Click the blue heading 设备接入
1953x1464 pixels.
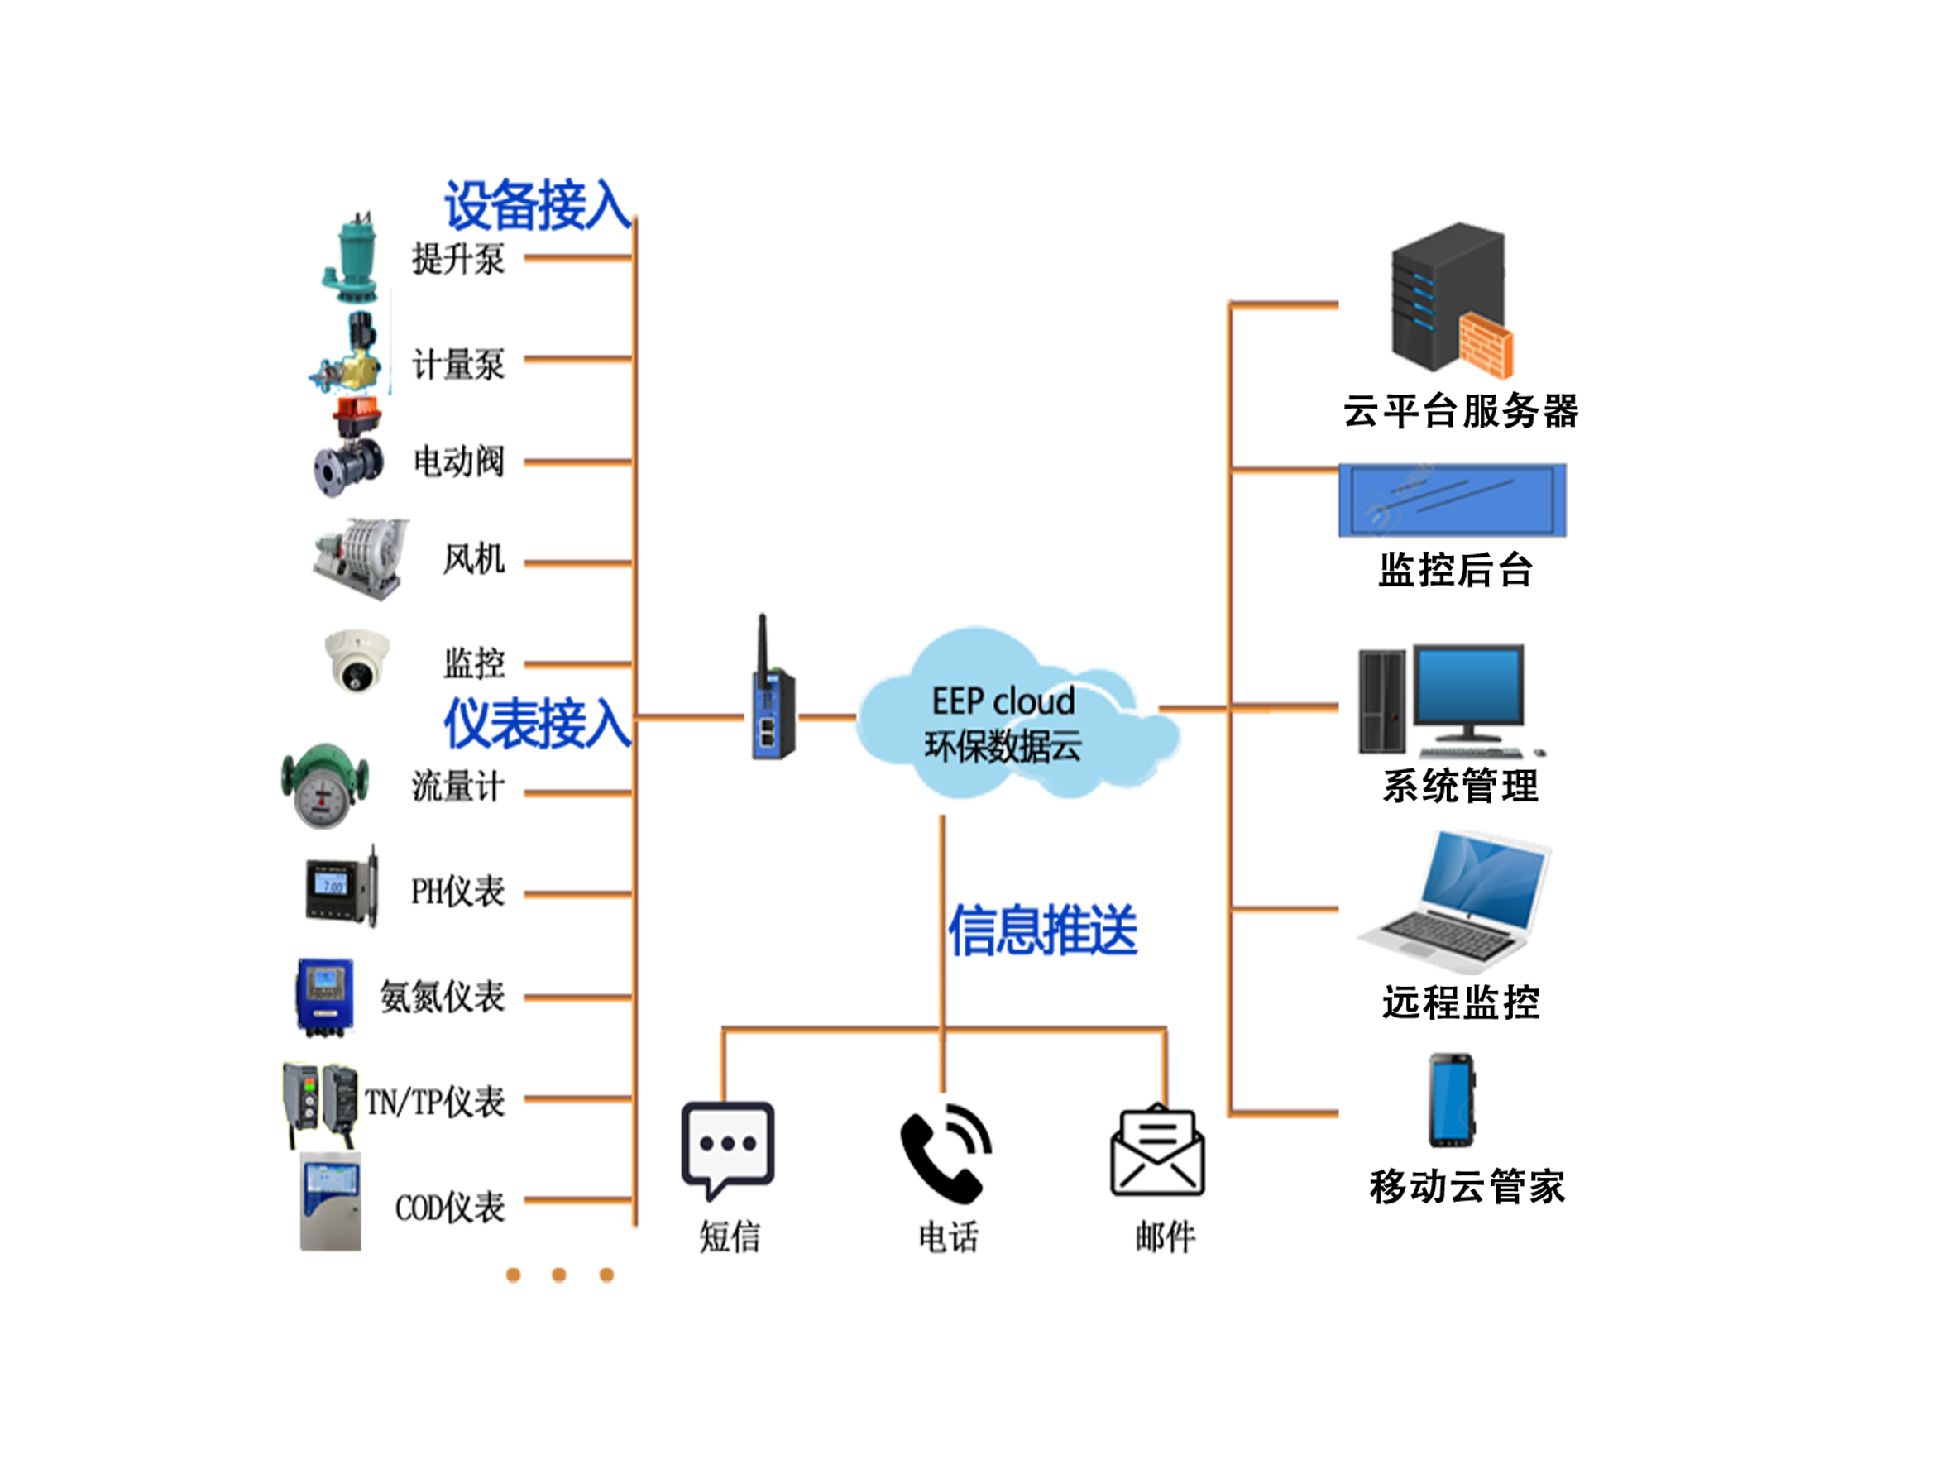click(535, 205)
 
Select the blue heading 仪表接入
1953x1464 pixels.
click(535, 722)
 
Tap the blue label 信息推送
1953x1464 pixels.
click(1043, 929)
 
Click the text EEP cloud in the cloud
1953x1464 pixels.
click(1003, 701)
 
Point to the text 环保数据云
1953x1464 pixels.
click(1003, 747)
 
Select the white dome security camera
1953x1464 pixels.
click(357, 661)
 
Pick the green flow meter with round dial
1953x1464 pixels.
click(325, 786)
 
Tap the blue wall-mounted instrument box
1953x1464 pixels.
click(325, 994)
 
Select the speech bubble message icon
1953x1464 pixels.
click(728, 1146)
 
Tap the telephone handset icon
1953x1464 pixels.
click(943, 1150)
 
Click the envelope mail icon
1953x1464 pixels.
click(1156, 1151)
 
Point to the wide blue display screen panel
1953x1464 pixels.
click(1452, 500)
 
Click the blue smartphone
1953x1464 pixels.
click(1451, 1100)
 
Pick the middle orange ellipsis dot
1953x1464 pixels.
click(559, 1274)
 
